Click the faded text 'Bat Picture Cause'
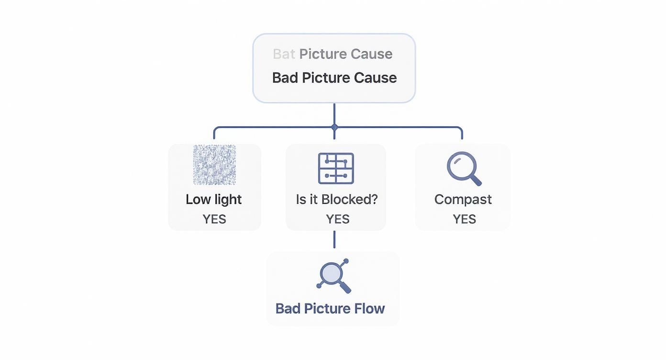click(333, 54)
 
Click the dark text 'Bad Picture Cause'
click(334, 78)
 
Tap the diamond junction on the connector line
click(334, 127)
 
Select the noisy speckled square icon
click(214, 165)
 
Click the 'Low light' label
click(213, 199)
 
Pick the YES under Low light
click(214, 219)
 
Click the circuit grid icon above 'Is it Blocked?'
click(336, 169)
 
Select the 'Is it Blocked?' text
click(336, 199)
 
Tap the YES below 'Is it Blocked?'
click(337, 219)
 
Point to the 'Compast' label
click(463, 199)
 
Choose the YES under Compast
click(464, 219)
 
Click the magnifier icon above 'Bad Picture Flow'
click(333, 276)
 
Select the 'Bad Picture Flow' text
click(330, 308)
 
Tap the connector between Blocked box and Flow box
click(334, 239)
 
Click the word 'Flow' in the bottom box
click(369, 308)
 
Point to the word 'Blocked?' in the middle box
click(356, 199)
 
